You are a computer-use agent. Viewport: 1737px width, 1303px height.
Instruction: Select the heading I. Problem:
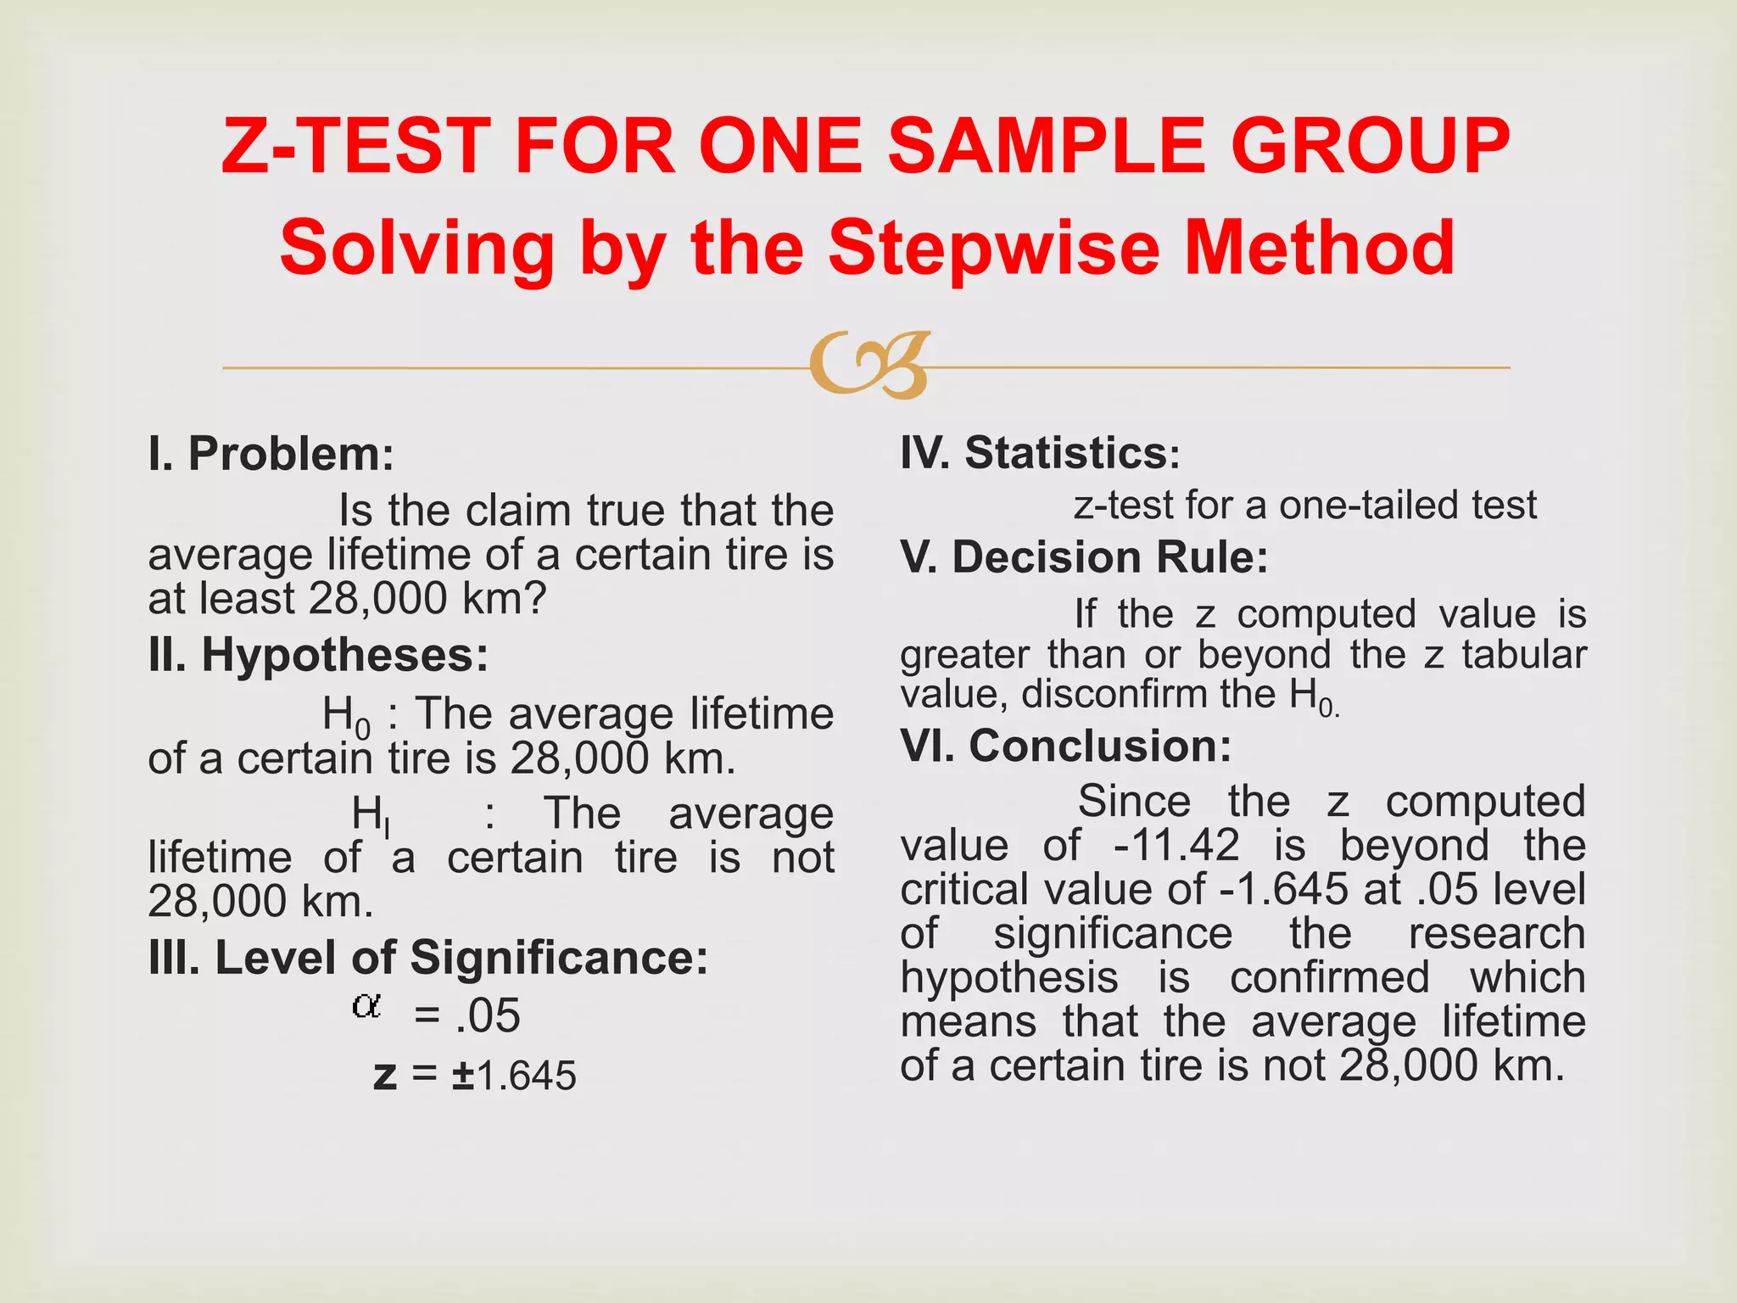pos(271,454)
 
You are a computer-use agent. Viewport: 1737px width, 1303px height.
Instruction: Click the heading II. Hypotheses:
pos(318,656)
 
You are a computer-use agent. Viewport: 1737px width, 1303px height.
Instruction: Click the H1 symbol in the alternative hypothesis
pos(370,816)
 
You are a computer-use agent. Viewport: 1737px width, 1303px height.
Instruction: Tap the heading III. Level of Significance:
pos(427,958)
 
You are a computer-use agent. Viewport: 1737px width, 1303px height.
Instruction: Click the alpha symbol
pos(366,1007)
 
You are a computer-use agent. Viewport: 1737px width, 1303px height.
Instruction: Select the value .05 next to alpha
pos(487,1015)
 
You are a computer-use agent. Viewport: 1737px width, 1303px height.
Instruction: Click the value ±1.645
pos(514,1076)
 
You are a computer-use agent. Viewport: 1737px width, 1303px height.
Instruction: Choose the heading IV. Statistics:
pos(1040,453)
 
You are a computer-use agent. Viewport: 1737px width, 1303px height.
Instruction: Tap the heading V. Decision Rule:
pos(1084,558)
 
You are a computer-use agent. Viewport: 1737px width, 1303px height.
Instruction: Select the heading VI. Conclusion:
pos(1065,747)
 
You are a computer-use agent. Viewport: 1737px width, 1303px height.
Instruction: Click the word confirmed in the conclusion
pos(1329,978)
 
